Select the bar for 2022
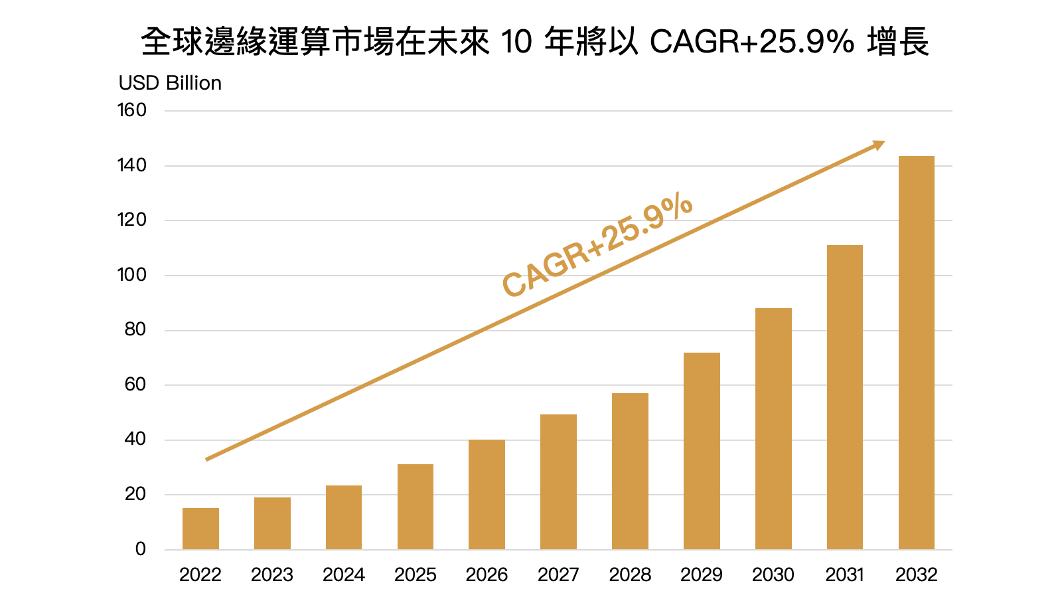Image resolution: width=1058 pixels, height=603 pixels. (200, 529)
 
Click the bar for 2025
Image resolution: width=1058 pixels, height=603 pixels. (416, 507)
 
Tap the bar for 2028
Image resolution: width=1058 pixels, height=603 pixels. (630, 471)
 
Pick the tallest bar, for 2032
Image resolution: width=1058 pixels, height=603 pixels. (916, 353)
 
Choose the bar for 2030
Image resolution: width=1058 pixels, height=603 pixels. (773, 428)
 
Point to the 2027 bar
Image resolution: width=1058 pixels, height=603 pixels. (558, 481)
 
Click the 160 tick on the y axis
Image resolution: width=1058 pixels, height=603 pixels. (131, 110)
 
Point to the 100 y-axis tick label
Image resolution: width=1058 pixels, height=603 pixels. (131, 275)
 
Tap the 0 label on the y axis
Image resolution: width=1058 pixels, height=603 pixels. (141, 549)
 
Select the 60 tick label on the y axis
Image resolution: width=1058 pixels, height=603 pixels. (135, 385)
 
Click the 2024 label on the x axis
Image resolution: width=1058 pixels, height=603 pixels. (344, 575)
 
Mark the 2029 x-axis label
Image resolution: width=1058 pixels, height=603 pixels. (702, 575)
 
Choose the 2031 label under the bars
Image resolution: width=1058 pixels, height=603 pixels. (844, 575)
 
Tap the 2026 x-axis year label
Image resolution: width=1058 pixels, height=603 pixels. (487, 575)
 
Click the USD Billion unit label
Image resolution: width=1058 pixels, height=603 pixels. (170, 83)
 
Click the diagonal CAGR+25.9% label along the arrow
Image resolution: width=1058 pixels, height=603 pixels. (597, 246)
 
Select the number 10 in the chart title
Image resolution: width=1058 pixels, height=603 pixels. (516, 43)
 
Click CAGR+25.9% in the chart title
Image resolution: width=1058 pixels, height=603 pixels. (751, 43)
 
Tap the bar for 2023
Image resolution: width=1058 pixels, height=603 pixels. (272, 523)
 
